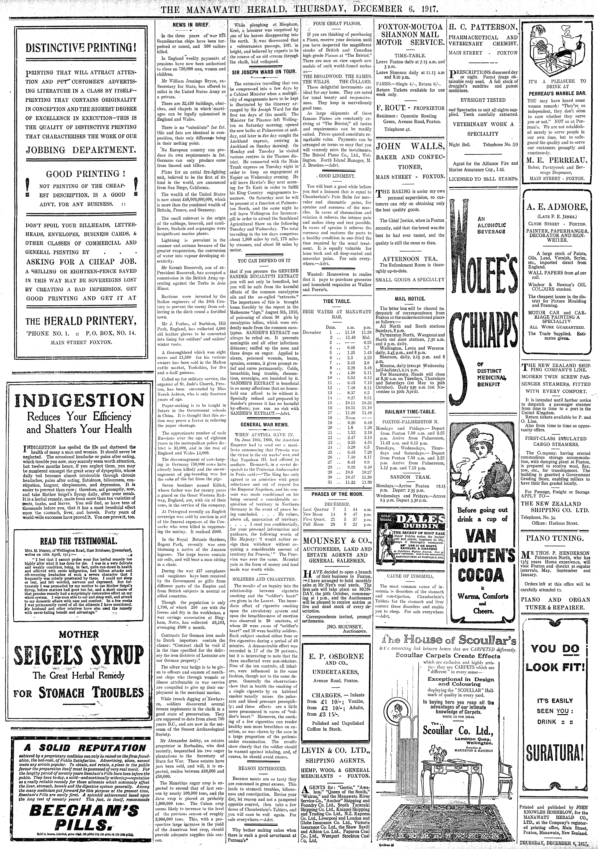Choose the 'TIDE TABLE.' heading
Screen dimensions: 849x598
337,301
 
